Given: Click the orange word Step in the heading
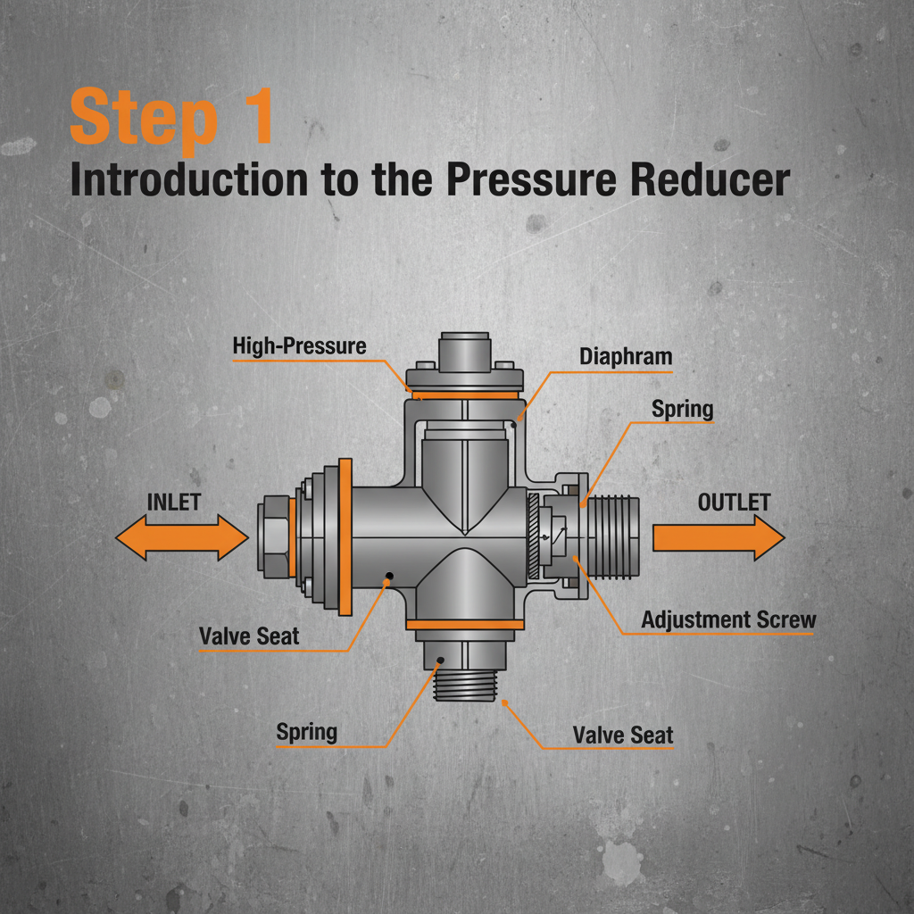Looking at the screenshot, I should pos(143,118).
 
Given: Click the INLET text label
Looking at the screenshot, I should pos(174,502).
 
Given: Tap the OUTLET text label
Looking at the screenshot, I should pos(733,503).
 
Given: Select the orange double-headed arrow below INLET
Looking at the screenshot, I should pos(182,539).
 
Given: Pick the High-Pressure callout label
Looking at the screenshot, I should pos(299,346).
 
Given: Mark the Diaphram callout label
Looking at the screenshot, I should pos(625,357).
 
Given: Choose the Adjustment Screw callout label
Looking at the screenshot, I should pos(728,619).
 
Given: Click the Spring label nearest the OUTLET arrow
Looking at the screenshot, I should pos(682,410).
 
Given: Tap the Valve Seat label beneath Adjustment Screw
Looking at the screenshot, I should pos(623,735).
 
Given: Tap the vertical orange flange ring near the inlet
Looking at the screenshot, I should pos(345,537).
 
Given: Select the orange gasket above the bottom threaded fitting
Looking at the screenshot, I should pos(464,623).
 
